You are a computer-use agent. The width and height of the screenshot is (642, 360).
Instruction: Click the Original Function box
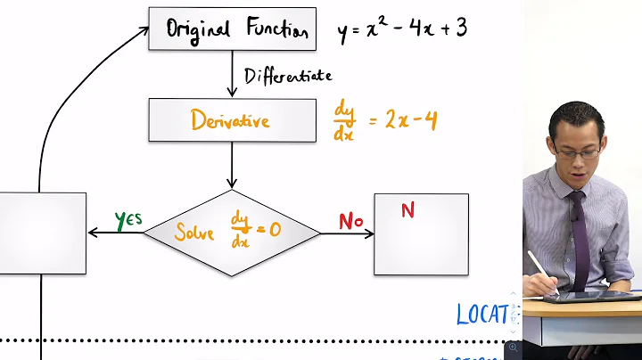(232, 30)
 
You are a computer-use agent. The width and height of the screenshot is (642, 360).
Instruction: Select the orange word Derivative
(230, 120)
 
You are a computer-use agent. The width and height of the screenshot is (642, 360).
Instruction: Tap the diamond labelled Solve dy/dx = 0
(231, 233)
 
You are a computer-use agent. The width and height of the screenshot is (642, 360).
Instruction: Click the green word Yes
(128, 219)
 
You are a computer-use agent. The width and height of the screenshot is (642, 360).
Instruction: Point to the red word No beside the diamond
(350, 221)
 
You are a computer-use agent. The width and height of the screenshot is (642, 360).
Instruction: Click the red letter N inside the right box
(407, 210)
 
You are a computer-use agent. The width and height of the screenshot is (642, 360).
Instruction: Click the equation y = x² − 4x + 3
(402, 30)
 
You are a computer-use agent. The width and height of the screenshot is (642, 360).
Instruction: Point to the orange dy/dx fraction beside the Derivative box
(344, 120)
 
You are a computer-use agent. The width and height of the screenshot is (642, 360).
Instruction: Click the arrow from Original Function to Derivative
(232, 78)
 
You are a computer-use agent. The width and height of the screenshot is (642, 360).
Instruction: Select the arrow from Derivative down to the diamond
(232, 165)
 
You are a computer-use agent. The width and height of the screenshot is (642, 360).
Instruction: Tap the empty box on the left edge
(43, 233)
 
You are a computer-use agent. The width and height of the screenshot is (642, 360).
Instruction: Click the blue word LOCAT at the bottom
(482, 314)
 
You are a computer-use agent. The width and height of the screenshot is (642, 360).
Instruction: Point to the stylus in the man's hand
(543, 271)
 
